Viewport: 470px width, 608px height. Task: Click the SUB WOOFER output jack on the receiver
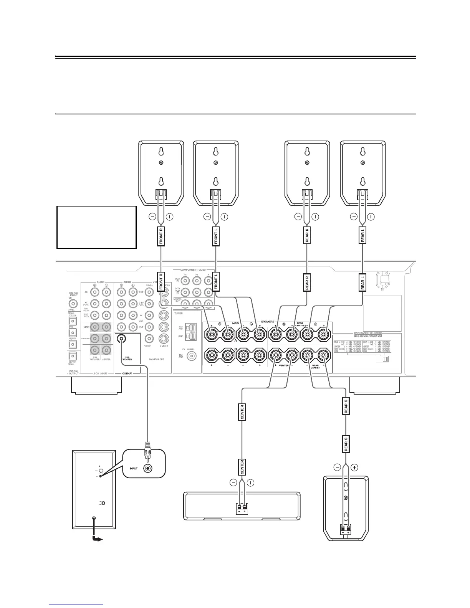point(122,339)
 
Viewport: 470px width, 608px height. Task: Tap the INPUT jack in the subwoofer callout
point(148,469)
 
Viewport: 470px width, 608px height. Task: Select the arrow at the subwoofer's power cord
point(98,539)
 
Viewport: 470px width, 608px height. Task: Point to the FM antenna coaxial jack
point(190,356)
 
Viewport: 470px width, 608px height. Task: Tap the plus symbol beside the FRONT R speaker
point(169,217)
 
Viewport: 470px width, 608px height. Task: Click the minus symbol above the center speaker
point(233,483)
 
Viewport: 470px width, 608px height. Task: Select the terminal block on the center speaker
point(242,509)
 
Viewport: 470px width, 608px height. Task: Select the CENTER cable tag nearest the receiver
point(242,412)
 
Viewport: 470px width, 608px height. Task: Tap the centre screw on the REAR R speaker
point(307,163)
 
